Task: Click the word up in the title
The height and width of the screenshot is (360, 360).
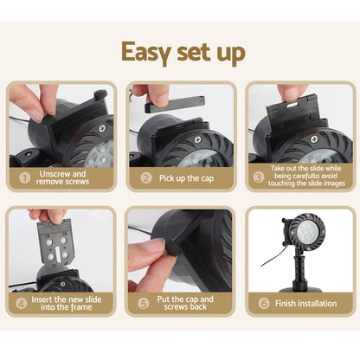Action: [x=231, y=54]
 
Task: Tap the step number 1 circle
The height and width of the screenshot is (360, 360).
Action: [x=25, y=177]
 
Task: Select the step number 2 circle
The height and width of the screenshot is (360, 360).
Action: [x=146, y=177]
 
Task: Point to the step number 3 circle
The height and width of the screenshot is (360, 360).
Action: [x=259, y=177]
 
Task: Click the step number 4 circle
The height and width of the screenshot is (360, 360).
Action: [x=21, y=303]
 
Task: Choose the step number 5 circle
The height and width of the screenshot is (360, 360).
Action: [x=144, y=303]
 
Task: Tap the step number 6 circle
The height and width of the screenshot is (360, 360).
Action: [x=264, y=303]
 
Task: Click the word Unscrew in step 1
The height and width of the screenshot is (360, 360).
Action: [x=55, y=174]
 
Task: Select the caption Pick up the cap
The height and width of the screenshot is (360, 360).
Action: [x=186, y=178]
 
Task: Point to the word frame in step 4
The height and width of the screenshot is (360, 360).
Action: [x=80, y=307]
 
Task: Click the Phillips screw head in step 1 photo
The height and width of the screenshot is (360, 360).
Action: [x=102, y=128]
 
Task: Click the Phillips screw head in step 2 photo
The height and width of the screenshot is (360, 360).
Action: [x=197, y=140]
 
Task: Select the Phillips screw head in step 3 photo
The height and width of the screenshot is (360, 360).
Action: [x=314, y=140]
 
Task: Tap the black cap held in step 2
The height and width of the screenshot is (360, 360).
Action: [x=175, y=104]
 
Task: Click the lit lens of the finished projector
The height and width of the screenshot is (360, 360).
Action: [x=308, y=232]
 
